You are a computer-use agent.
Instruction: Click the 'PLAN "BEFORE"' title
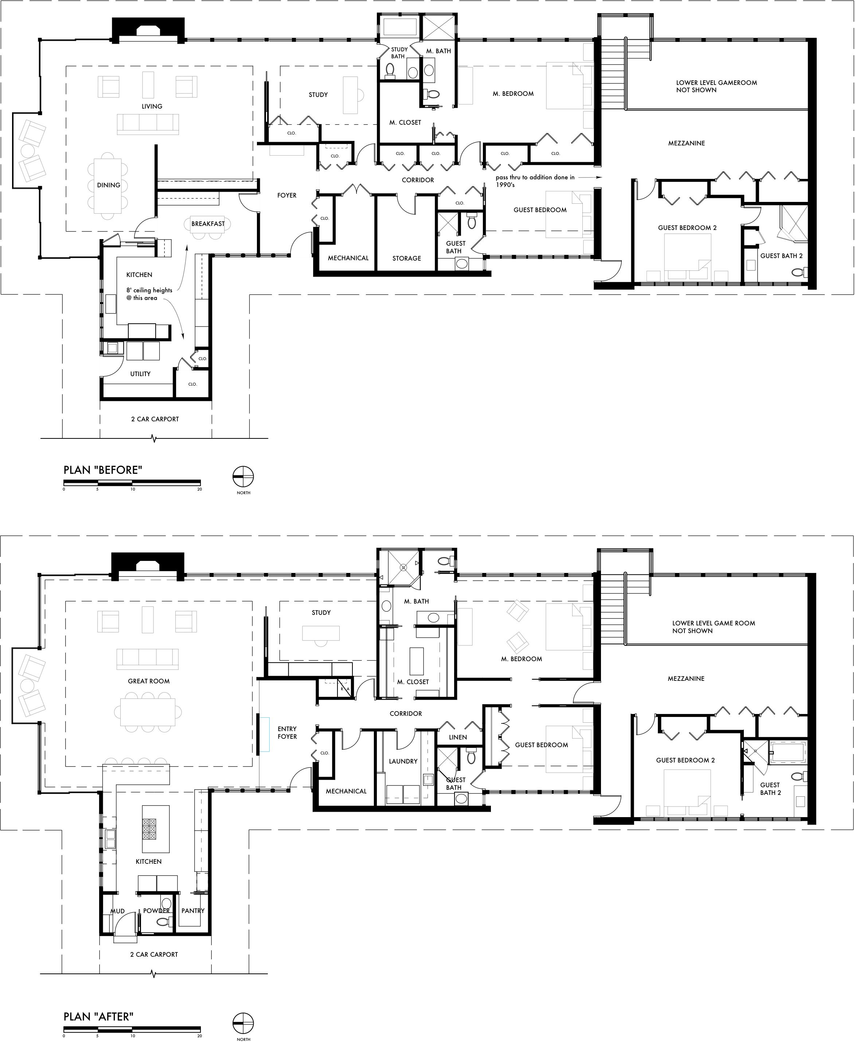103,470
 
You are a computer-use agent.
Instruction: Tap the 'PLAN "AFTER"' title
98,999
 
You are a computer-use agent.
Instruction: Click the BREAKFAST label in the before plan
208,223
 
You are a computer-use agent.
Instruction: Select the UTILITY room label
140,374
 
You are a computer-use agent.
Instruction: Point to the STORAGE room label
407,258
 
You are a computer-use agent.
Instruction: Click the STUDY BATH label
399,53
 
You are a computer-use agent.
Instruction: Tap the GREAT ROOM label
149,681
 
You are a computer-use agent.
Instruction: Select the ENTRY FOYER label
287,733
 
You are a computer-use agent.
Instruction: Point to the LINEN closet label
458,737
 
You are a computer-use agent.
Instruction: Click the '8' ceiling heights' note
149,294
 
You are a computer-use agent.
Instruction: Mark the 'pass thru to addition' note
535,181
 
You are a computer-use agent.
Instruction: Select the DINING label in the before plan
108,185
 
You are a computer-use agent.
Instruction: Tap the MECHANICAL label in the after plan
346,791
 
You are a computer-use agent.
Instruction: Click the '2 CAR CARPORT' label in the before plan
155,419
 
